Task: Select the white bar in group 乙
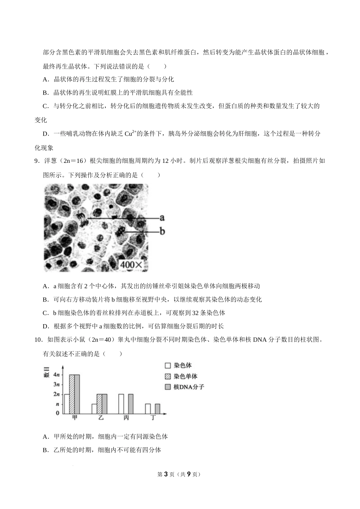point(94,409)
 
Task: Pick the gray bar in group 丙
point(131,404)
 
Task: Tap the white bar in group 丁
point(148,409)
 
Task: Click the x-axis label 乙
point(100,418)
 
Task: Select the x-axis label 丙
point(126,418)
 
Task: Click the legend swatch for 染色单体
point(168,376)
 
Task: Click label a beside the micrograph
point(162,218)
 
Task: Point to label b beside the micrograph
point(162,231)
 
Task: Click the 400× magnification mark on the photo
point(131,265)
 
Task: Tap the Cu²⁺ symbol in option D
point(130,133)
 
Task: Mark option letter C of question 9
point(45,313)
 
